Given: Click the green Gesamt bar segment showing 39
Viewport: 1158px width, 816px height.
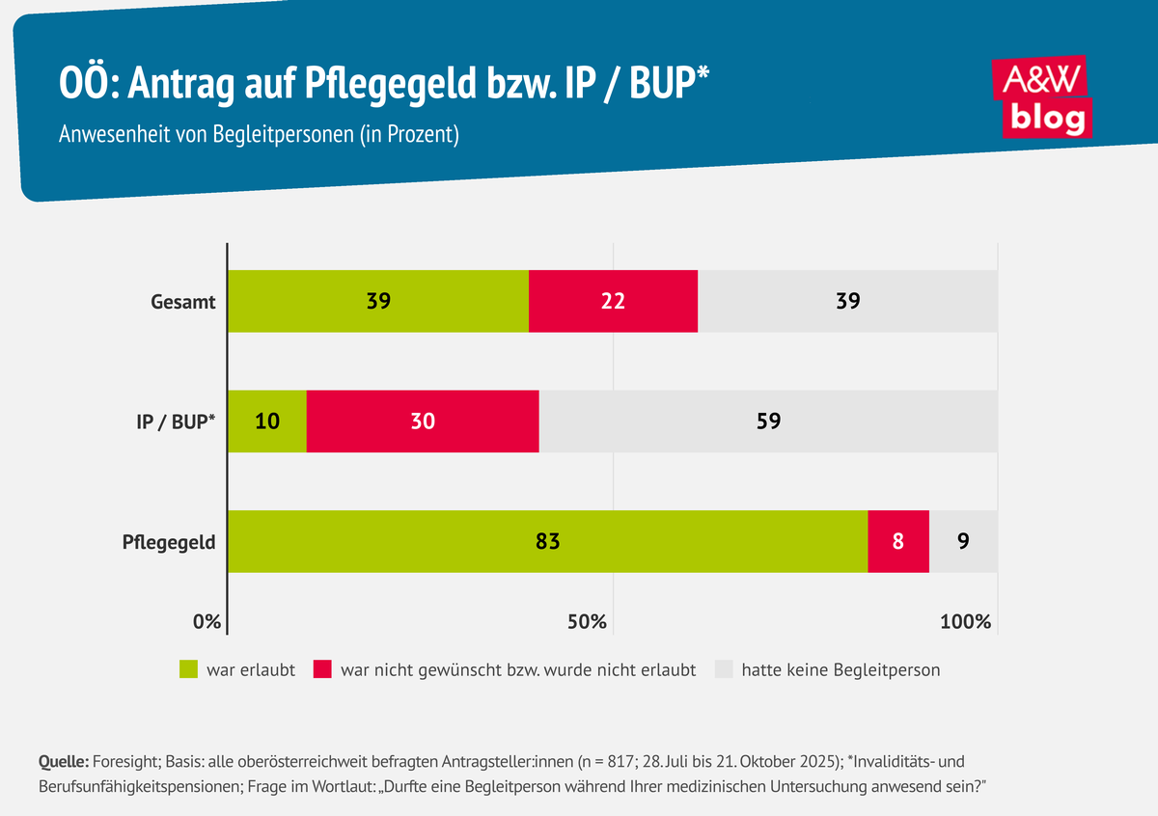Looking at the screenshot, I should click(x=378, y=301).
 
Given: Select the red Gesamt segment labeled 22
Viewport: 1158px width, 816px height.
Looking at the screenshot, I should click(x=613, y=301).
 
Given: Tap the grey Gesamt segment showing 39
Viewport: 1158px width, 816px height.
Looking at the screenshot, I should click(x=847, y=301).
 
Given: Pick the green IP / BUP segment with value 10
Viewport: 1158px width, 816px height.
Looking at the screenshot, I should click(x=266, y=421).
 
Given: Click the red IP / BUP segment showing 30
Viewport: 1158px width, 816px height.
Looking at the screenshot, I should click(x=423, y=421).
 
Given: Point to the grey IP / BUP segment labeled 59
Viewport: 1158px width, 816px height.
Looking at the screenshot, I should click(x=768, y=421).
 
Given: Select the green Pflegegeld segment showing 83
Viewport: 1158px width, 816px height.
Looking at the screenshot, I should click(x=547, y=541).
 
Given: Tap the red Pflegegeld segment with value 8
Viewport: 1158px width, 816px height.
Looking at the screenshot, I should click(x=897, y=541).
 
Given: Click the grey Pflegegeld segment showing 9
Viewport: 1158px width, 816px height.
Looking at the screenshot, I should click(x=962, y=541).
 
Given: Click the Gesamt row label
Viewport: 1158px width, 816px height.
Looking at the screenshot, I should click(x=182, y=301).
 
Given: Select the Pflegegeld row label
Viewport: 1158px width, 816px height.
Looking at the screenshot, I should click(x=168, y=542).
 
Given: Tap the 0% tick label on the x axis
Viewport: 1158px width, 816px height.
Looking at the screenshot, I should click(x=207, y=622).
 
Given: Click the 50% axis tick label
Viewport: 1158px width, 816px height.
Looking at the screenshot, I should click(x=586, y=622).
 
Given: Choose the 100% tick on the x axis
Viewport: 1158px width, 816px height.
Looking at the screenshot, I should click(x=966, y=622).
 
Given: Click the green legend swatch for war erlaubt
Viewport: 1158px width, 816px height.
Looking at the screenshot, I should click(x=188, y=669).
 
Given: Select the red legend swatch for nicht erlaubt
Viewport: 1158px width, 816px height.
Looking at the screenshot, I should click(x=322, y=669).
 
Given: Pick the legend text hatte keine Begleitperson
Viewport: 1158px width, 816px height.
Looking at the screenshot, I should click(x=841, y=669).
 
